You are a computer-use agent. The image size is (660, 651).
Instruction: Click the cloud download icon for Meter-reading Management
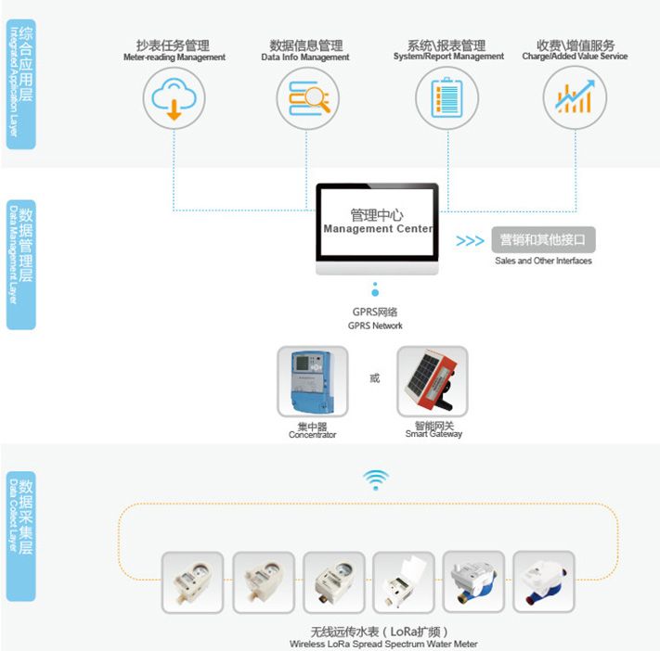174,97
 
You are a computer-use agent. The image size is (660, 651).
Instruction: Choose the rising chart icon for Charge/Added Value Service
575,97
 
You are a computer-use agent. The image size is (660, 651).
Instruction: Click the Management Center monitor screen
376,222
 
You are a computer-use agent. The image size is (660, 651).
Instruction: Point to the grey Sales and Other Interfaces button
542,240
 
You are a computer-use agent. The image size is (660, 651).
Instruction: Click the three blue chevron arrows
470,241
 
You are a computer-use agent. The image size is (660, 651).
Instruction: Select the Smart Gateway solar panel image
432,381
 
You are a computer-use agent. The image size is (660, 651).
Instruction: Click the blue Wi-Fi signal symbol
375,479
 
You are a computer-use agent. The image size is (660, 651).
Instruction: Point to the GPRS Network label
375,319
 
